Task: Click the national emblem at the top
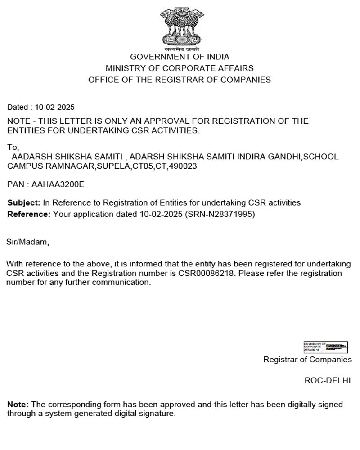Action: (x=180, y=27)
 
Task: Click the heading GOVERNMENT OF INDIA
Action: (x=180, y=57)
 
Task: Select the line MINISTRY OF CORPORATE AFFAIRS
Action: (x=180, y=68)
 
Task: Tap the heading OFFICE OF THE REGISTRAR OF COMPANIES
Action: (x=180, y=80)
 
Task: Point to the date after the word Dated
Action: (x=54, y=108)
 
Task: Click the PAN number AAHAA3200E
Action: (x=58, y=184)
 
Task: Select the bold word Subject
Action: (x=23, y=203)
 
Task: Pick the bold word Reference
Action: (x=29, y=214)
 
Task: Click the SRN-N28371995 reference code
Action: (x=220, y=214)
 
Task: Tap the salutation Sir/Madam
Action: (x=27, y=242)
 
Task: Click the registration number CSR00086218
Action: (x=206, y=274)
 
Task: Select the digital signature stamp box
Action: (x=326, y=347)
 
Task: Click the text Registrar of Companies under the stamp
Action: (x=307, y=360)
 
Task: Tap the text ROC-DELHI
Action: (x=327, y=380)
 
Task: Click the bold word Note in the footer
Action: (x=18, y=405)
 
